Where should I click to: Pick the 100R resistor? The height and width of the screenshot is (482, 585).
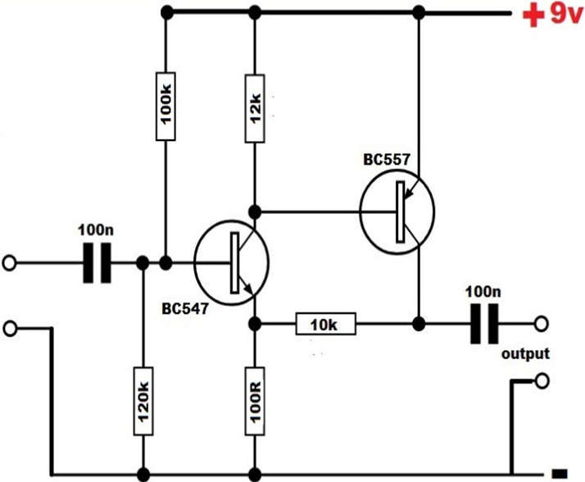point(255,398)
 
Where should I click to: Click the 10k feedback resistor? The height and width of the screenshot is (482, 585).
point(325,325)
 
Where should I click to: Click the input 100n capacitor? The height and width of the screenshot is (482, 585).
point(97,263)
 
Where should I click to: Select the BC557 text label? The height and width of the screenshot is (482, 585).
point(388,159)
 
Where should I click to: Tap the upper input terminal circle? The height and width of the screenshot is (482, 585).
point(10,263)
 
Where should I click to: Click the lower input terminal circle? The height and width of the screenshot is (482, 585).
point(10,329)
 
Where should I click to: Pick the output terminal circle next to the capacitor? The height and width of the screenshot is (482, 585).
point(541,325)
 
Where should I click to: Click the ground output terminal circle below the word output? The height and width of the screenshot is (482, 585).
point(541,381)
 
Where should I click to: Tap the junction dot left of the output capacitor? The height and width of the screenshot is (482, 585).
point(419,325)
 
